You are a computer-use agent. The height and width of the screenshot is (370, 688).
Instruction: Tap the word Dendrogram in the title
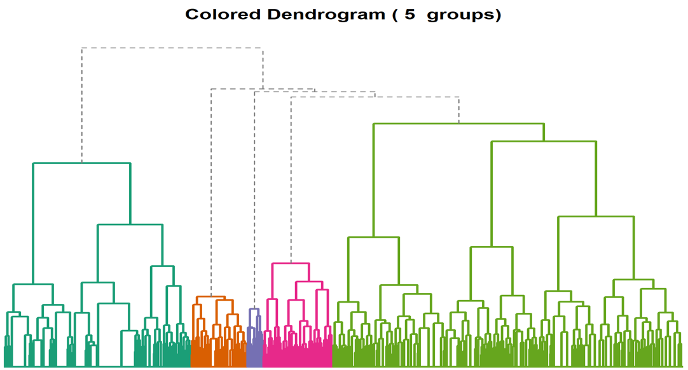click(318, 15)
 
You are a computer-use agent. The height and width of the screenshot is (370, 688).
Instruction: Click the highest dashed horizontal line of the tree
click(172, 48)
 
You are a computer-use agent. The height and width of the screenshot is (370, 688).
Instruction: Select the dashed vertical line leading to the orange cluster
click(211, 191)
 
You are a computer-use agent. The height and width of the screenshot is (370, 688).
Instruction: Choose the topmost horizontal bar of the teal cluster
click(81, 163)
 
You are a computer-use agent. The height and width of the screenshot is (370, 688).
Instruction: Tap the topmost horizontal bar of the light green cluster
click(458, 123)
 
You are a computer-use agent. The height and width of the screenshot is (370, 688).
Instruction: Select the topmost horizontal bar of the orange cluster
click(210, 297)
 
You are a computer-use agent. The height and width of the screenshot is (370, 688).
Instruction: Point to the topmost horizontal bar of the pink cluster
click(291, 263)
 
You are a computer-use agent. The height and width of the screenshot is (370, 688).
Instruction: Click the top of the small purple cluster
click(254, 310)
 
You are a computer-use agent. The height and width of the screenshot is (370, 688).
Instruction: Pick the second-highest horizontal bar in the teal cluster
click(130, 224)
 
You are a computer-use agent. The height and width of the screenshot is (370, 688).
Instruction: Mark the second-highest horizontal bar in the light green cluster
click(544, 142)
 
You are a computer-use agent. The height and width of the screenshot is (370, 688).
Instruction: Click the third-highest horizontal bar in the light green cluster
click(596, 217)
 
